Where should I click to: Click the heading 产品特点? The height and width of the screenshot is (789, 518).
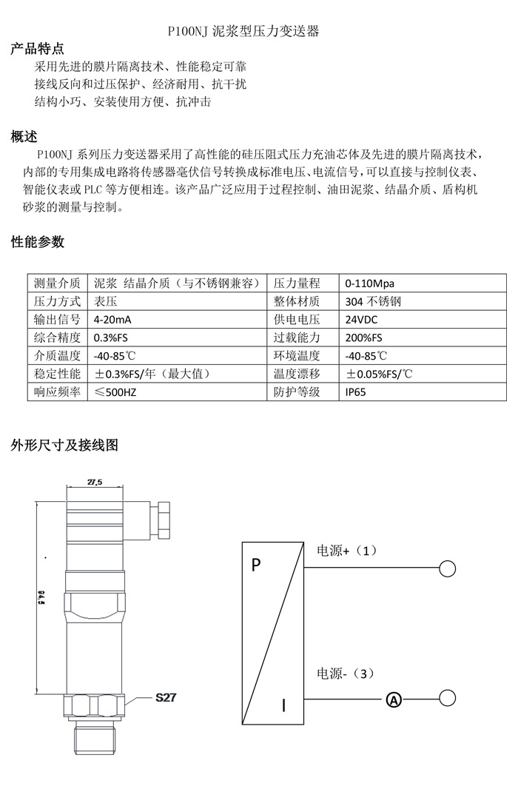pyautogui.click(x=37, y=50)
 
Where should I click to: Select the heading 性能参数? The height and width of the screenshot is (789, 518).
pyautogui.click(x=37, y=242)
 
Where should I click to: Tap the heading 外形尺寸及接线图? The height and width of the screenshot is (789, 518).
pyautogui.click(x=64, y=446)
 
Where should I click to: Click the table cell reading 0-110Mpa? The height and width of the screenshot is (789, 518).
pyautogui.click(x=370, y=283)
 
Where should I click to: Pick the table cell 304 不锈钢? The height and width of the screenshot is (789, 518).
pyautogui.click(x=373, y=302)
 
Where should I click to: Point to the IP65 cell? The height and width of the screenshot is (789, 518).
pyautogui.click(x=356, y=392)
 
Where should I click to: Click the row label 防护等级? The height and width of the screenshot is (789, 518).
pyautogui.click(x=297, y=392)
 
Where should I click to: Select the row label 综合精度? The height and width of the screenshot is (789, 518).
pyautogui.click(x=57, y=338)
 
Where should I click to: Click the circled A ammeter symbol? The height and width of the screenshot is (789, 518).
pyautogui.click(x=394, y=699)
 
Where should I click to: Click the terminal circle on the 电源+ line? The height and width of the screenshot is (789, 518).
pyautogui.click(x=447, y=568)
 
